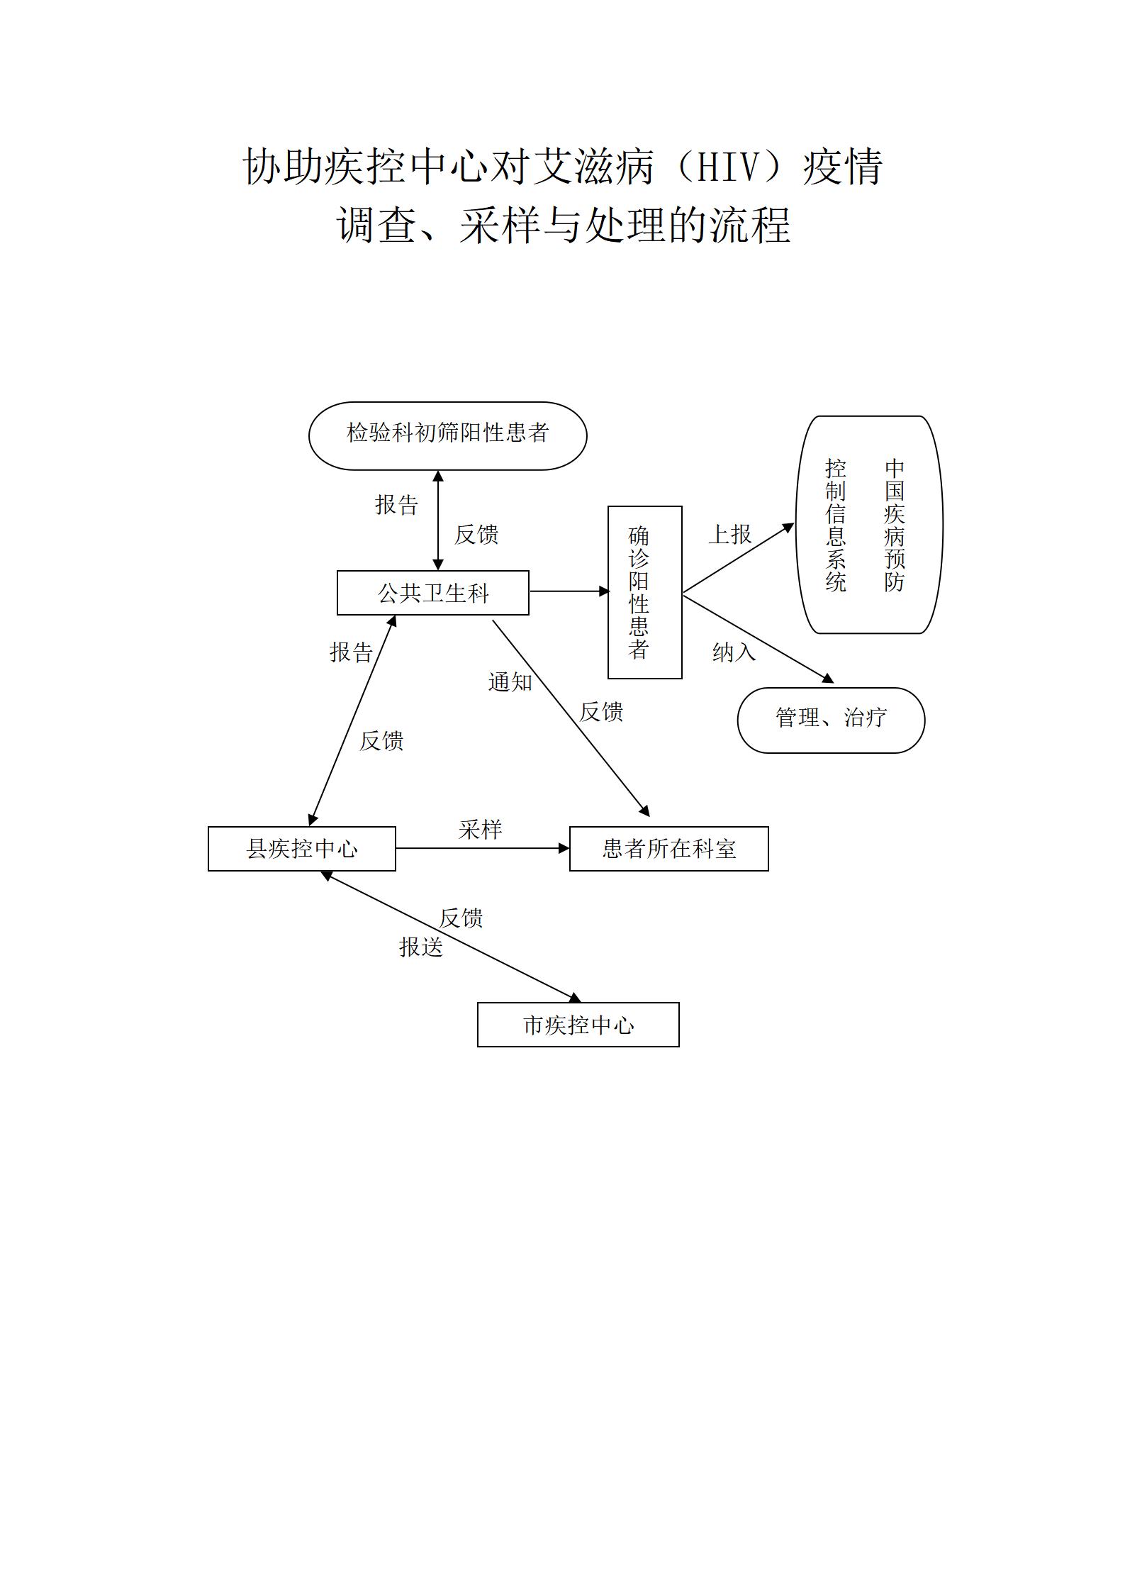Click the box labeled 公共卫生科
point(432,593)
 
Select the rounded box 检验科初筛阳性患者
point(447,435)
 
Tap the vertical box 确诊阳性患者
point(644,592)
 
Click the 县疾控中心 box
point(301,849)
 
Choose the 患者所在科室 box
point(668,849)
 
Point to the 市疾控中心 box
point(578,1025)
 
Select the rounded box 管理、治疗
point(831,720)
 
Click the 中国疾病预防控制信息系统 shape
point(869,525)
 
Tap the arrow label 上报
point(729,535)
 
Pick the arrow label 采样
point(480,830)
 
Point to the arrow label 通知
point(510,682)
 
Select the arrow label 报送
point(420,947)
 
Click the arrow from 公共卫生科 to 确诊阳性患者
point(569,591)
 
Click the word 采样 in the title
point(500,226)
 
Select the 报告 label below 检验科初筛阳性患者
point(396,505)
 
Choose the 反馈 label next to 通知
point(601,712)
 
